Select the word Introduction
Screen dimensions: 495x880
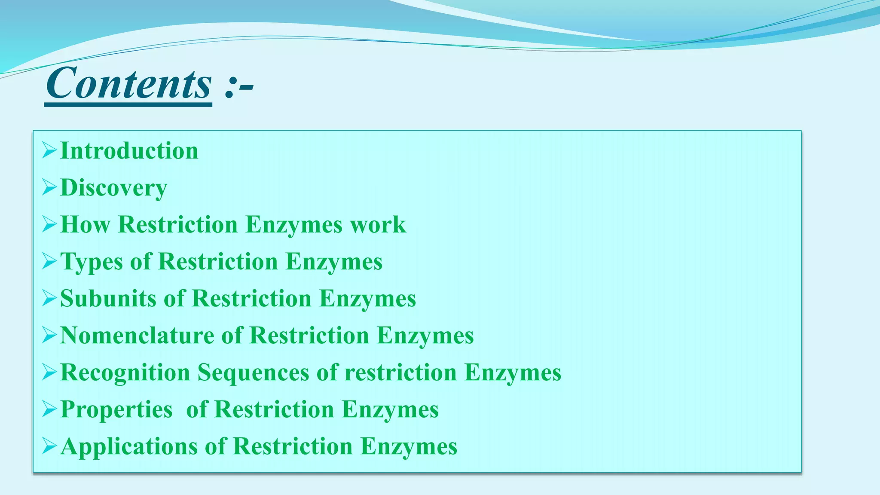[129, 151]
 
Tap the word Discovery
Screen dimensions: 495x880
[114, 188]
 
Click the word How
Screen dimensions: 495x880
[85, 225]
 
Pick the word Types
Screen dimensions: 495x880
[92, 262]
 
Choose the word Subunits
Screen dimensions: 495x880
[108, 299]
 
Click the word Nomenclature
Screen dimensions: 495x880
[137, 336]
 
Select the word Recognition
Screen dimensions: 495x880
[125, 373]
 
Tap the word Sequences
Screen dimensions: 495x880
[253, 373]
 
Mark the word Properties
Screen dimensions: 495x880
[116, 409]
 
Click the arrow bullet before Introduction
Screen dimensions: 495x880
[49, 151]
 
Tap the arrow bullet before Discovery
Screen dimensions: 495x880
[49, 188]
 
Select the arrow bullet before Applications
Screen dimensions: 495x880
[49, 446]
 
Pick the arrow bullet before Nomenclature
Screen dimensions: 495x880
[49, 336]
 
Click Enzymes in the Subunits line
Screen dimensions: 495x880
[367, 299]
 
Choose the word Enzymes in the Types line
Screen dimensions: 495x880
[334, 262]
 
